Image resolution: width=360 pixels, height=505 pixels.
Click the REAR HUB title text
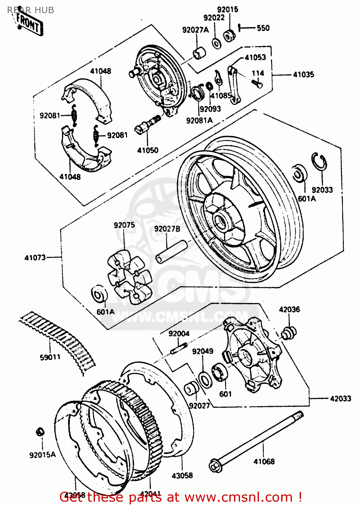point(31,10)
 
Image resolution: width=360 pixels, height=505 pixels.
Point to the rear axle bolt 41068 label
point(264,461)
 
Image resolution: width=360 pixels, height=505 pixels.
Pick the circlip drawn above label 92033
point(319,161)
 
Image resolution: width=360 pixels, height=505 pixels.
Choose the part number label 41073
point(35,258)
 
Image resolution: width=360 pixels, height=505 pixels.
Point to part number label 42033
point(340,399)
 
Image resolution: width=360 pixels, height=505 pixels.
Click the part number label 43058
point(182,475)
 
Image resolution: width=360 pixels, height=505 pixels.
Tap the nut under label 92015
point(229,35)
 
